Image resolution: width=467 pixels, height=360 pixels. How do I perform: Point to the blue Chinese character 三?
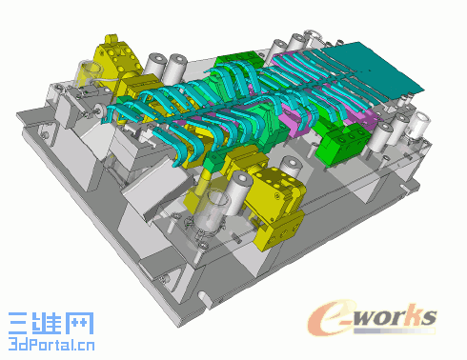pos(18,323)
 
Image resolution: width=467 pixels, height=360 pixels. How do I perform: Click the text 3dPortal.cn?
pos(51,344)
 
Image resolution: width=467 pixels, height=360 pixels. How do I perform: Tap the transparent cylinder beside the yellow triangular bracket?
pos(88,73)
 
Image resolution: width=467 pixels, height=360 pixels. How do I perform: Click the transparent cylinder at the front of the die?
pos(211,211)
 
